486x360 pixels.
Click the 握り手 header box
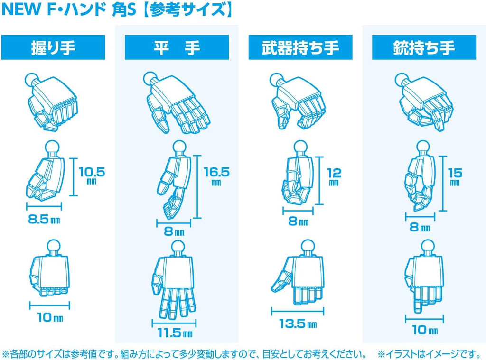(x=53, y=47)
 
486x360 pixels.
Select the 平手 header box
(x=177, y=47)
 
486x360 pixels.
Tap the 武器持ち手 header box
(x=300, y=47)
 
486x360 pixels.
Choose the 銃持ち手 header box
(x=424, y=47)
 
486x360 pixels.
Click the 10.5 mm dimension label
(x=92, y=175)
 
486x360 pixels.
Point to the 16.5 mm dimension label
(x=216, y=176)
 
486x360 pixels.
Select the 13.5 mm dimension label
(x=298, y=324)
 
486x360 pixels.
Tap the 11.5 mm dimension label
(x=175, y=333)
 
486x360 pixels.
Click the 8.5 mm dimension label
(x=44, y=220)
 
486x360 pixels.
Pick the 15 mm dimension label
(x=455, y=176)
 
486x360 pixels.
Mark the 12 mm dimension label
(x=334, y=176)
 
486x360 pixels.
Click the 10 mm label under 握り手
(x=50, y=317)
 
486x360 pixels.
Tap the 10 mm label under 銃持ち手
(x=425, y=330)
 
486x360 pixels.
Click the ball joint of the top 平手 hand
(x=150, y=78)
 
